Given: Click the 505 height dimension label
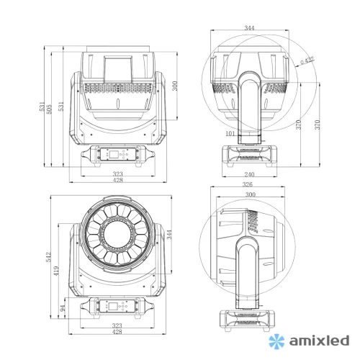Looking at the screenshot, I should tap(50, 107).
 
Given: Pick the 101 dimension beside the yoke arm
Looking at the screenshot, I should tap(230, 134).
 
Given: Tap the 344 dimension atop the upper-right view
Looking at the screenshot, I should tap(250, 29).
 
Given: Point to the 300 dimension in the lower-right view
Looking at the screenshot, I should tap(250, 196).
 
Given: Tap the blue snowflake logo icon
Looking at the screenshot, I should tap(276, 338).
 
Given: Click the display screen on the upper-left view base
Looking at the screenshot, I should tap(117, 153).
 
